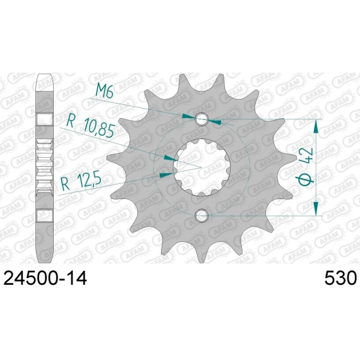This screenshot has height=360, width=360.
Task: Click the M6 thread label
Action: [104, 91]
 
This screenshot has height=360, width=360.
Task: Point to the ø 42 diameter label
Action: [306, 167]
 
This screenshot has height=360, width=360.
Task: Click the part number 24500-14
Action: [45, 279]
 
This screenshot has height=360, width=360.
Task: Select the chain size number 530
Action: [340, 279]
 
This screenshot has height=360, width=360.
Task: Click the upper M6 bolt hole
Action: [201, 119]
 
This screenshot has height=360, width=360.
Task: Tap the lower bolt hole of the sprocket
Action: [201, 215]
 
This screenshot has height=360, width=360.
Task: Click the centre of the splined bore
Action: [201, 167]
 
